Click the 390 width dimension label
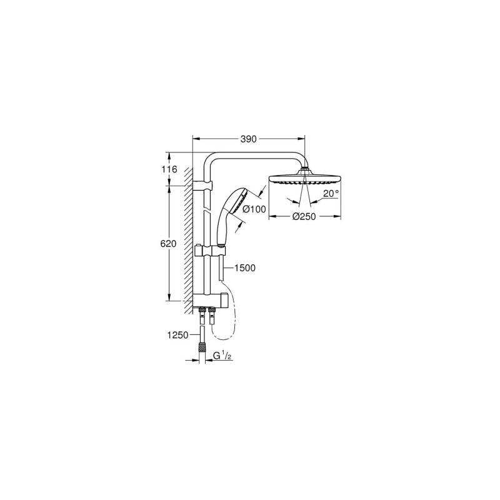click(248, 139)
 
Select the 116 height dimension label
click(169, 169)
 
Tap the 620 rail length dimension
click(168, 244)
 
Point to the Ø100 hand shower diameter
click(254, 209)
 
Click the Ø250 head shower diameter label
click(304, 217)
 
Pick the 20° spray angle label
click(331, 194)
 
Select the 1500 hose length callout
click(245, 268)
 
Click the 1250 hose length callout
click(178, 335)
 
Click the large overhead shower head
click(305, 178)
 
